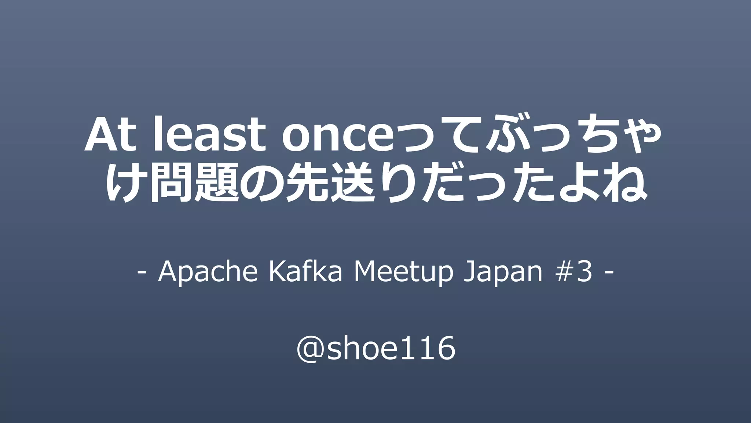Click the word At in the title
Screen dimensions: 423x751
[109, 135]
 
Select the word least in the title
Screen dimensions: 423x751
[209, 135]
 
